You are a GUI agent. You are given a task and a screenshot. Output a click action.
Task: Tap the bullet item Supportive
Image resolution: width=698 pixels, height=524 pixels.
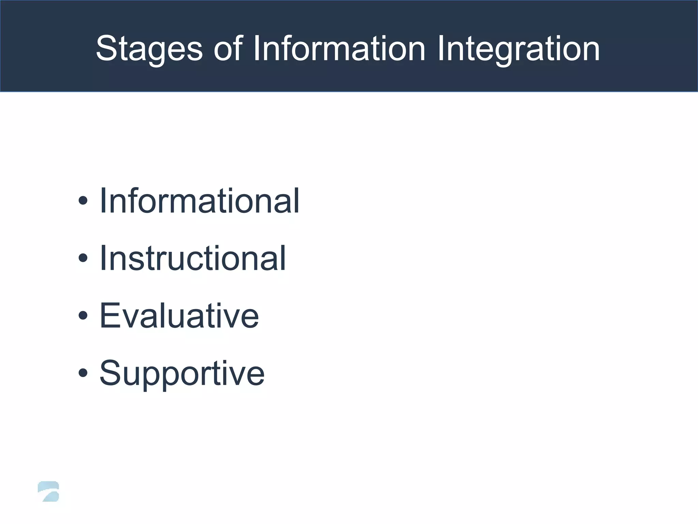coord(182,374)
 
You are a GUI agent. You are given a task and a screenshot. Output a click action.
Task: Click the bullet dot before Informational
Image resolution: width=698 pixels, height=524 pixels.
coord(83,201)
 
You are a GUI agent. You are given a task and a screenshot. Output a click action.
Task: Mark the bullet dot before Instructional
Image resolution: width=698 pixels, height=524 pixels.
coord(83,259)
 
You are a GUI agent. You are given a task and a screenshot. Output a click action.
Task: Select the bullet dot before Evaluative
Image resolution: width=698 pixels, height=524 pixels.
coord(83,316)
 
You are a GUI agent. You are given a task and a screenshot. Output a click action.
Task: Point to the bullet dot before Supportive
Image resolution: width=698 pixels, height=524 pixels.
coord(83,373)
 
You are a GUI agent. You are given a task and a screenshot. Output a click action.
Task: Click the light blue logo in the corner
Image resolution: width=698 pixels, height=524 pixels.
coord(49,492)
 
